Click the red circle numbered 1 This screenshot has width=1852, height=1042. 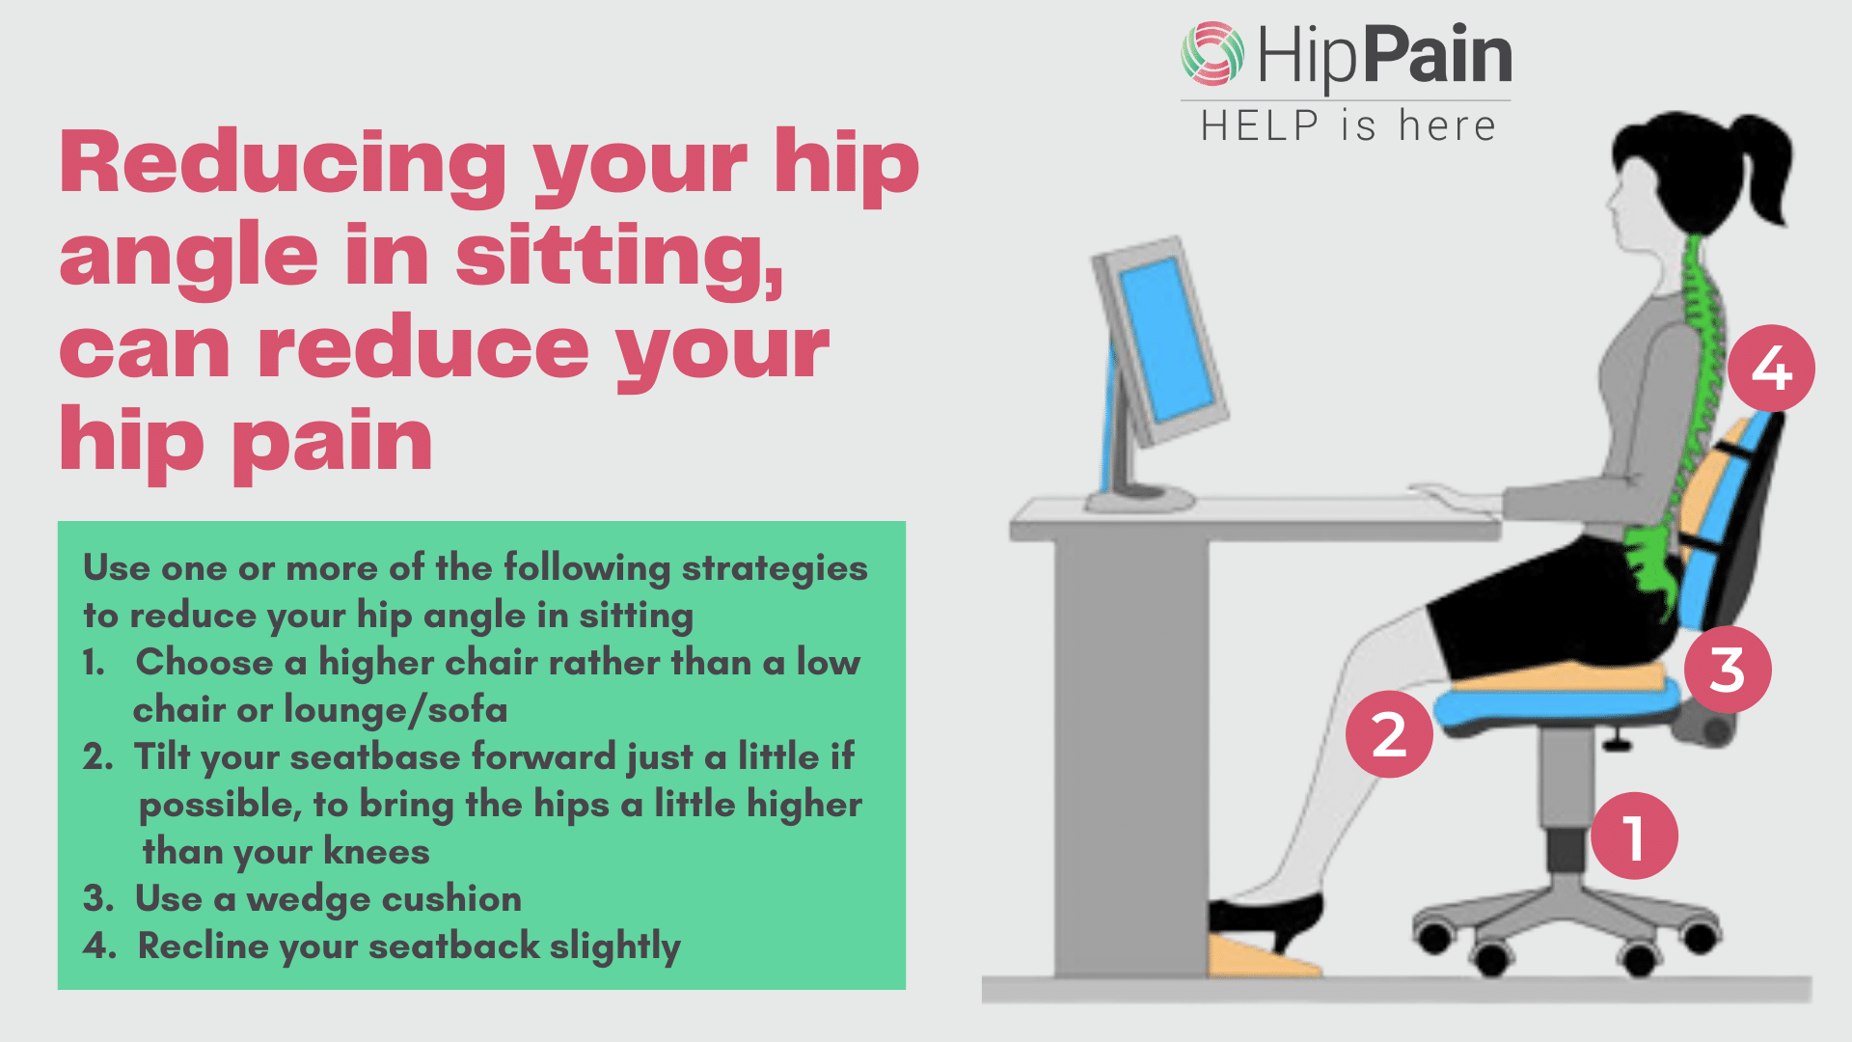1634,836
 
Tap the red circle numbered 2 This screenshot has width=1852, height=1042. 1389,734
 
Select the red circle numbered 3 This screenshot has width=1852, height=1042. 1728,670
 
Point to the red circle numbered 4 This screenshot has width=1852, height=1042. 1771,368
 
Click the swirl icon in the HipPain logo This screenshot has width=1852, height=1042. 1212,53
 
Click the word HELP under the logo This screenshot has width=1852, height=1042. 1260,126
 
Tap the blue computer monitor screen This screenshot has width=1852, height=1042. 1166,340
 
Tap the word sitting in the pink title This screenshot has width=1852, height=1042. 618,256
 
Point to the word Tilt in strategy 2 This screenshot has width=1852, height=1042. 162,756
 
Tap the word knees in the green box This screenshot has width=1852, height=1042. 376,851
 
